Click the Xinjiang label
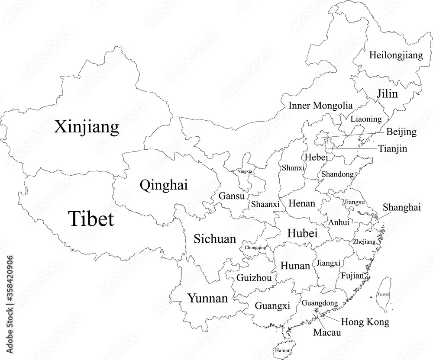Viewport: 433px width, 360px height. click(x=87, y=127)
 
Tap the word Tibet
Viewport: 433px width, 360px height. click(x=90, y=219)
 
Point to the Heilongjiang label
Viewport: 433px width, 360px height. click(x=395, y=55)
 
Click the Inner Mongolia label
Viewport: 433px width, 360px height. click(x=320, y=105)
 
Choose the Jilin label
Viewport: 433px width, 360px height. click(x=387, y=94)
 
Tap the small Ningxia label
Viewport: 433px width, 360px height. click(x=245, y=171)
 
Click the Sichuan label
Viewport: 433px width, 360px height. click(x=215, y=238)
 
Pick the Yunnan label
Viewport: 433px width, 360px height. click(x=207, y=298)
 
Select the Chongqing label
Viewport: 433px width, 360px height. click(x=255, y=248)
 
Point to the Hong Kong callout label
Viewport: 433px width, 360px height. click(x=365, y=322)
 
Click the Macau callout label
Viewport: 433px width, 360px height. click(x=327, y=333)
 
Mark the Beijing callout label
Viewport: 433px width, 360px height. click(x=401, y=132)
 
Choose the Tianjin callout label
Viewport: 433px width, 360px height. click(x=393, y=148)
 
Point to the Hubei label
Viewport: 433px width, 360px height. click(x=302, y=233)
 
